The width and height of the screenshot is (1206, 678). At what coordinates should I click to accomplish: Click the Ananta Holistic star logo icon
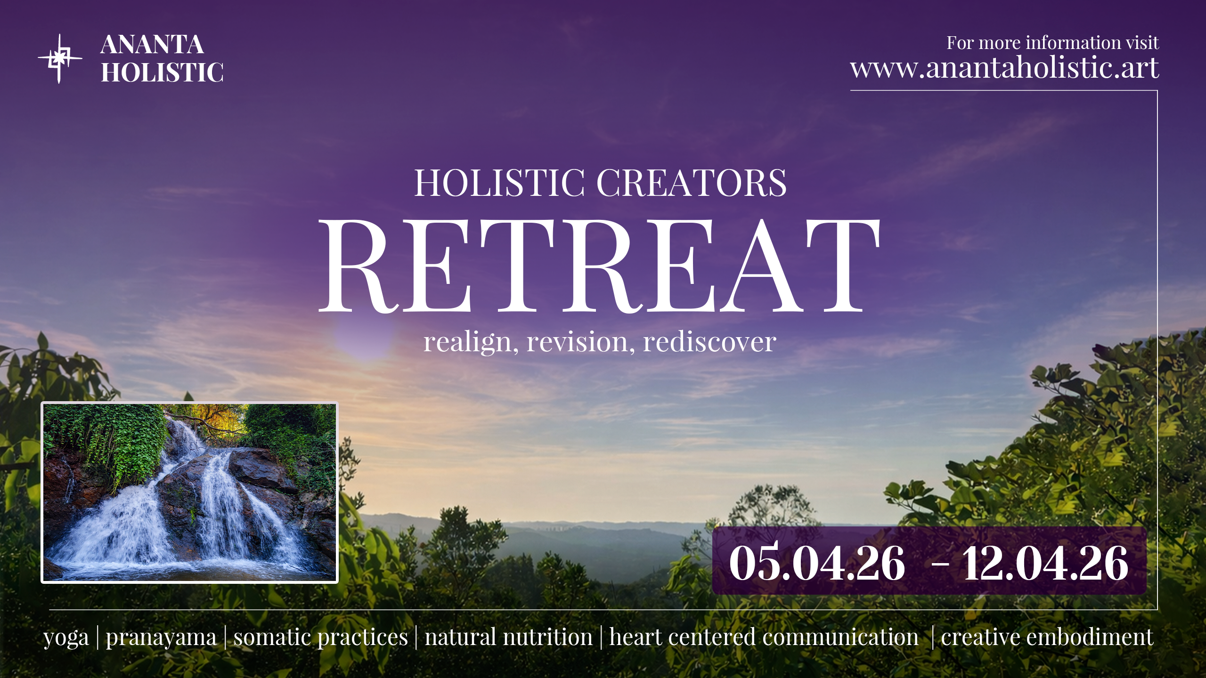tap(60, 59)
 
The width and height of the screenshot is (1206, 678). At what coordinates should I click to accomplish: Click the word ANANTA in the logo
tap(152, 45)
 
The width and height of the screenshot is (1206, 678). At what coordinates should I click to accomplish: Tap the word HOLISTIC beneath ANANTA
tap(163, 72)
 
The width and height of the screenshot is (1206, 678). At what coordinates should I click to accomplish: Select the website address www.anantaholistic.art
tap(1004, 68)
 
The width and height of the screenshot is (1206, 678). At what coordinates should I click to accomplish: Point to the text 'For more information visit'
tap(1052, 43)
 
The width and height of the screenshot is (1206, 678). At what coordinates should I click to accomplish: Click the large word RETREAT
tap(599, 266)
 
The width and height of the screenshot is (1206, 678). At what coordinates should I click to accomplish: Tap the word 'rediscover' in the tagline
tap(709, 341)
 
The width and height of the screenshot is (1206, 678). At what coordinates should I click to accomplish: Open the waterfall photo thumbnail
tap(190, 492)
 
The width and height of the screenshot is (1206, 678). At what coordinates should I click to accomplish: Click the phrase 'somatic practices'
tap(321, 638)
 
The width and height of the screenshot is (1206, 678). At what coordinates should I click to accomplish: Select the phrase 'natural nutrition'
tap(509, 637)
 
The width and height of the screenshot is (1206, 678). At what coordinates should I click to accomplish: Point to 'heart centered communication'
tap(764, 637)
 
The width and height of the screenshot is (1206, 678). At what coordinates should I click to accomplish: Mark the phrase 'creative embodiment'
tap(1047, 637)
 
